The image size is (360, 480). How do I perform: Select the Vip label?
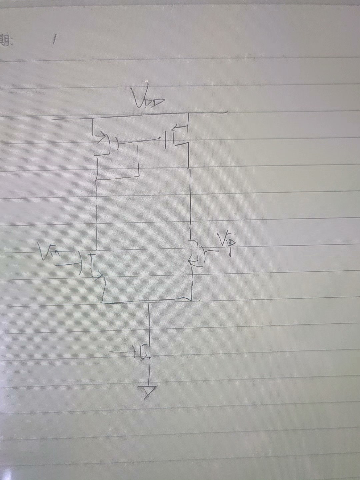(227, 242)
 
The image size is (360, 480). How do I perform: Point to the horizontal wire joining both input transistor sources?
(147, 301)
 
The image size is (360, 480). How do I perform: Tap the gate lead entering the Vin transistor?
(68, 265)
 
